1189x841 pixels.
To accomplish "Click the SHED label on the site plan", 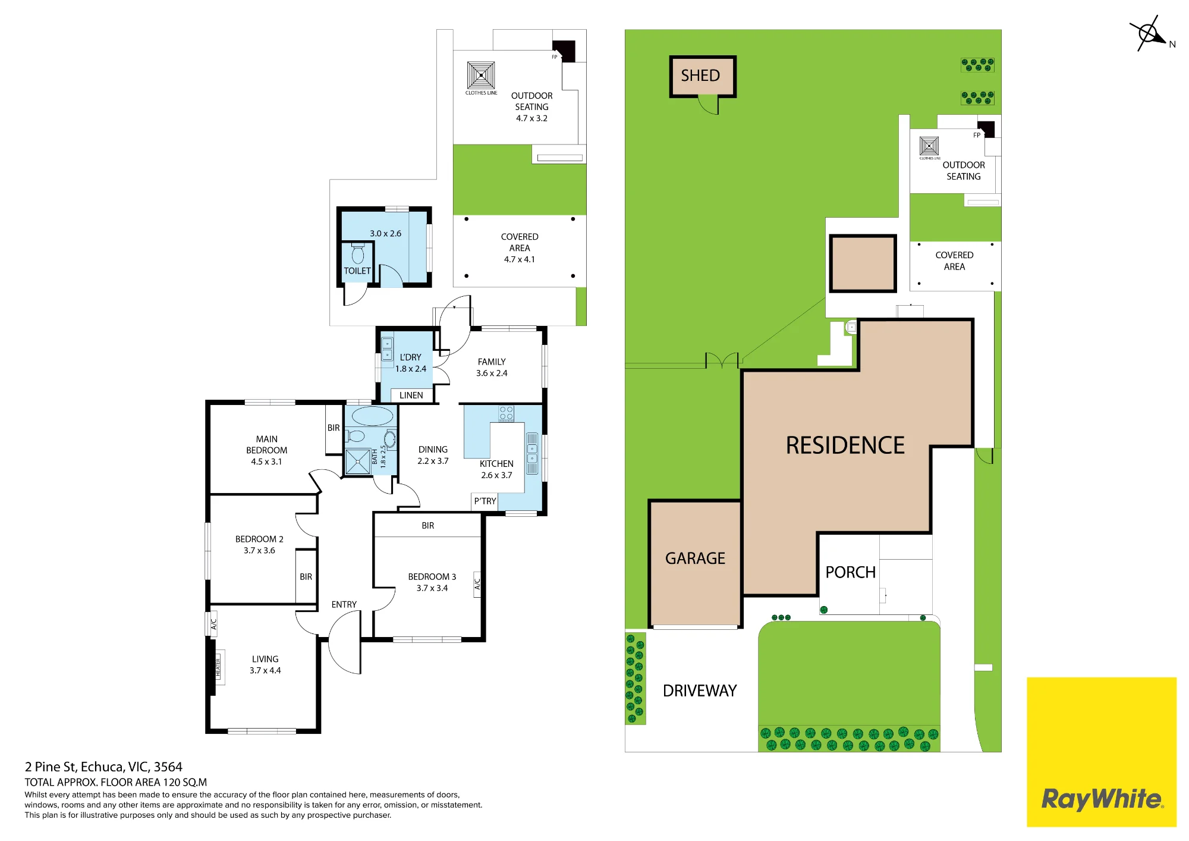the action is point(700,76).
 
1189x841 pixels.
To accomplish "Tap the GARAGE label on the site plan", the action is point(695,558).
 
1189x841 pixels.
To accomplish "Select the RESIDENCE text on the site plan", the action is point(845,445).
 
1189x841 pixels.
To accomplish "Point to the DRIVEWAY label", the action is point(700,691).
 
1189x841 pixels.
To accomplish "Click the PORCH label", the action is point(850,572).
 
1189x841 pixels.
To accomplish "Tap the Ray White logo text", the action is point(1102,799).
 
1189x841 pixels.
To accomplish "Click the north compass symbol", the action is point(1150,33).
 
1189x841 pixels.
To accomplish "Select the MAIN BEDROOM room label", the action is point(267,445).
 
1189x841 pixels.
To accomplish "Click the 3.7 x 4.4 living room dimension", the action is point(265,670).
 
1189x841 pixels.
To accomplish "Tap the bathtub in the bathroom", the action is point(372,416).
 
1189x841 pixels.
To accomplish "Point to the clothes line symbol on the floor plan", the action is point(481,76).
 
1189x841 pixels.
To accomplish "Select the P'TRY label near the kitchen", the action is point(485,501).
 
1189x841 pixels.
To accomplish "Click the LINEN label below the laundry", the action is point(411,396).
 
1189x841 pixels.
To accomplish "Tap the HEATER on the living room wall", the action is point(218,668).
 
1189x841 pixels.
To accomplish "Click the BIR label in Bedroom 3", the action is point(428,526).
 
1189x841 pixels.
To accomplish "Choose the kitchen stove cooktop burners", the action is point(507,413).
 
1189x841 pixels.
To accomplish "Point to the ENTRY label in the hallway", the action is point(344,604).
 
